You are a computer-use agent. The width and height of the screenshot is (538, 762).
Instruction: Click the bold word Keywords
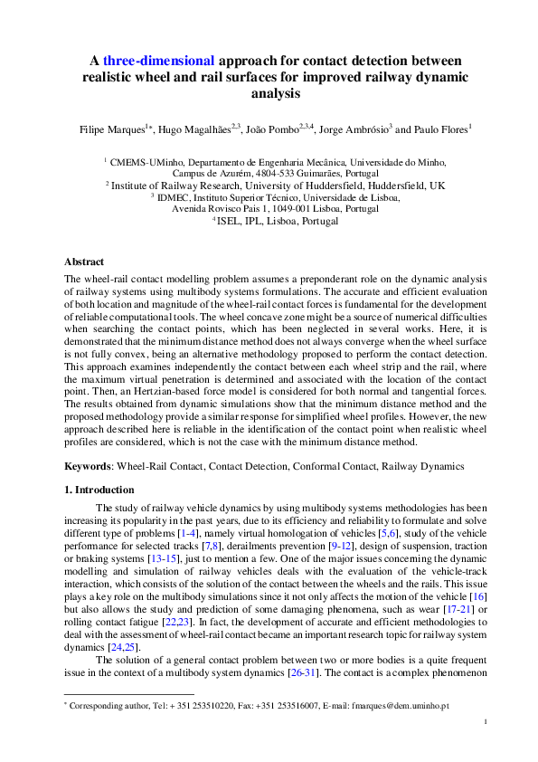click(88, 466)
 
